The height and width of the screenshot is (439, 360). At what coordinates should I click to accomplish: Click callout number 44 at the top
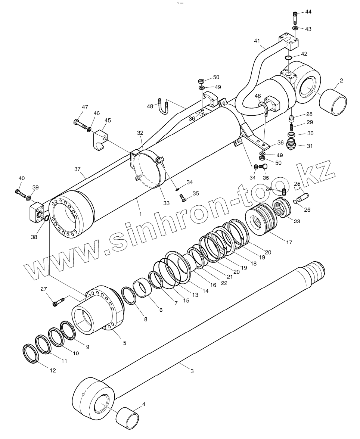(308, 12)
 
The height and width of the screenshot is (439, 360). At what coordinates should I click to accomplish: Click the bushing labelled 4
(127, 416)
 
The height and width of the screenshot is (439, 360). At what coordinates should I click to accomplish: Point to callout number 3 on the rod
(192, 371)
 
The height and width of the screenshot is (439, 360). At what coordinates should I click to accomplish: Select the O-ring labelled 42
(289, 57)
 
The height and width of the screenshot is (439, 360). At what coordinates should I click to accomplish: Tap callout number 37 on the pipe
(77, 169)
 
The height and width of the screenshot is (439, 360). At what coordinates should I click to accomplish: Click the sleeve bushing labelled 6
(143, 290)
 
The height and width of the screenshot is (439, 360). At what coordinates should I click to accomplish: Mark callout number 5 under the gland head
(124, 342)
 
